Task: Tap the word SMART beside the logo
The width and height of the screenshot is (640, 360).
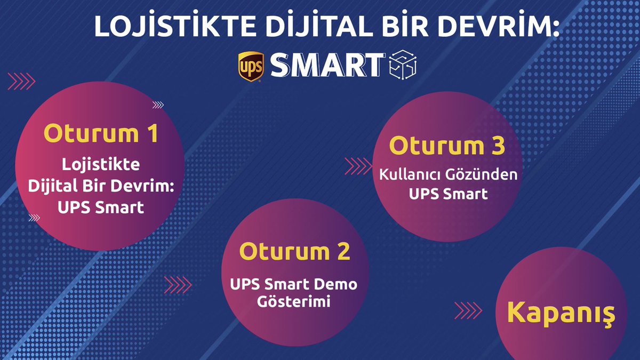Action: [x=327, y=65]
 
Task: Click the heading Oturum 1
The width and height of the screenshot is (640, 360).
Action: [x=101, y=133]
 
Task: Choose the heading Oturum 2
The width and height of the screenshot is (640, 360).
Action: [x=294, y=251]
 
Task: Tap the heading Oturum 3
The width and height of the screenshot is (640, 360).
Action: [x=447, y=146]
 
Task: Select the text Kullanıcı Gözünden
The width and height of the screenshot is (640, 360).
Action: [x=448, y=175]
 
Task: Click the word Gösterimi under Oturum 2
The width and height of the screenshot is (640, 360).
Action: [x=294, y=301]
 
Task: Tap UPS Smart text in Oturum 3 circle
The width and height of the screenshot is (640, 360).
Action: [x=448, y=194]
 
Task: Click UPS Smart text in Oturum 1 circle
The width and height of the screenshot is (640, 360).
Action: [x=101, y=207]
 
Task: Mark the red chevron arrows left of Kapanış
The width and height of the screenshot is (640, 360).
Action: [x=468, y=310]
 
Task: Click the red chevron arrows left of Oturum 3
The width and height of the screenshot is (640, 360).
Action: [x=359, y=166]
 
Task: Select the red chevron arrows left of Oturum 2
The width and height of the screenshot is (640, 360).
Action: [x=178, y=284]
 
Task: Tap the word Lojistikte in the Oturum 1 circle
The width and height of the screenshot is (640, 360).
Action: [x=101, y=164]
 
